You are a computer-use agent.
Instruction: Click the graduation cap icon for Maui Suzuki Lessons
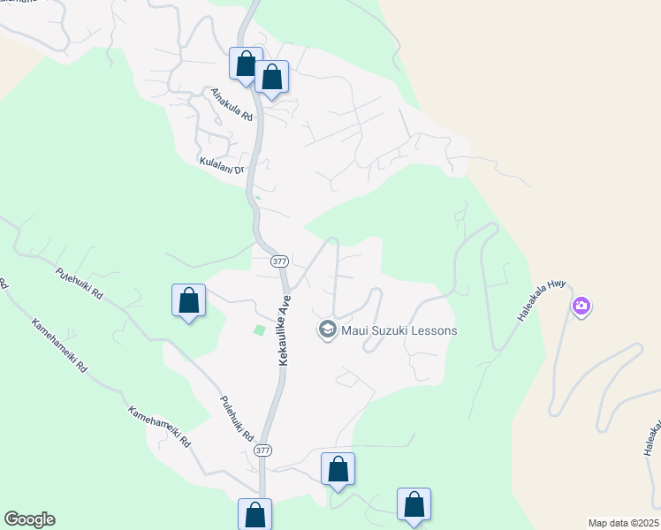(x=327, y=330)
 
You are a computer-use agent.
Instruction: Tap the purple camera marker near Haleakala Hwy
(x=581, y=307)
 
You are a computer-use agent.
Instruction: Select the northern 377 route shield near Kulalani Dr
(x=279, y=261)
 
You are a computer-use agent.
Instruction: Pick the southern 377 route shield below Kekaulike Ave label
(x=262, y=450)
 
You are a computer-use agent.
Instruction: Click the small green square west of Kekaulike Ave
(x=259, y=330)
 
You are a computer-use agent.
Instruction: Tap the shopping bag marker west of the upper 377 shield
(x=188, y=300)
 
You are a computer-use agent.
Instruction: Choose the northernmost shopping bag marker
(x=245, y=64)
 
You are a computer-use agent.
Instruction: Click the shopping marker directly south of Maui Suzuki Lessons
(x=338, y=469)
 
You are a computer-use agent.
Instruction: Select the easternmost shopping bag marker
(x=414, y=504)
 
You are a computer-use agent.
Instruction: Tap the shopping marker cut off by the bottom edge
(x=255, y=514)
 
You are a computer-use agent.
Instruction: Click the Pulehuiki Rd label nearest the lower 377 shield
(x=236, y=418)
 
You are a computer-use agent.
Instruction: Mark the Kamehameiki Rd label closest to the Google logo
(x=159, y=426)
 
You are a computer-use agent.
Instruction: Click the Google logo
(x=29, y=519)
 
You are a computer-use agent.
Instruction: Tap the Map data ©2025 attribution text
(x=623, y=523)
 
